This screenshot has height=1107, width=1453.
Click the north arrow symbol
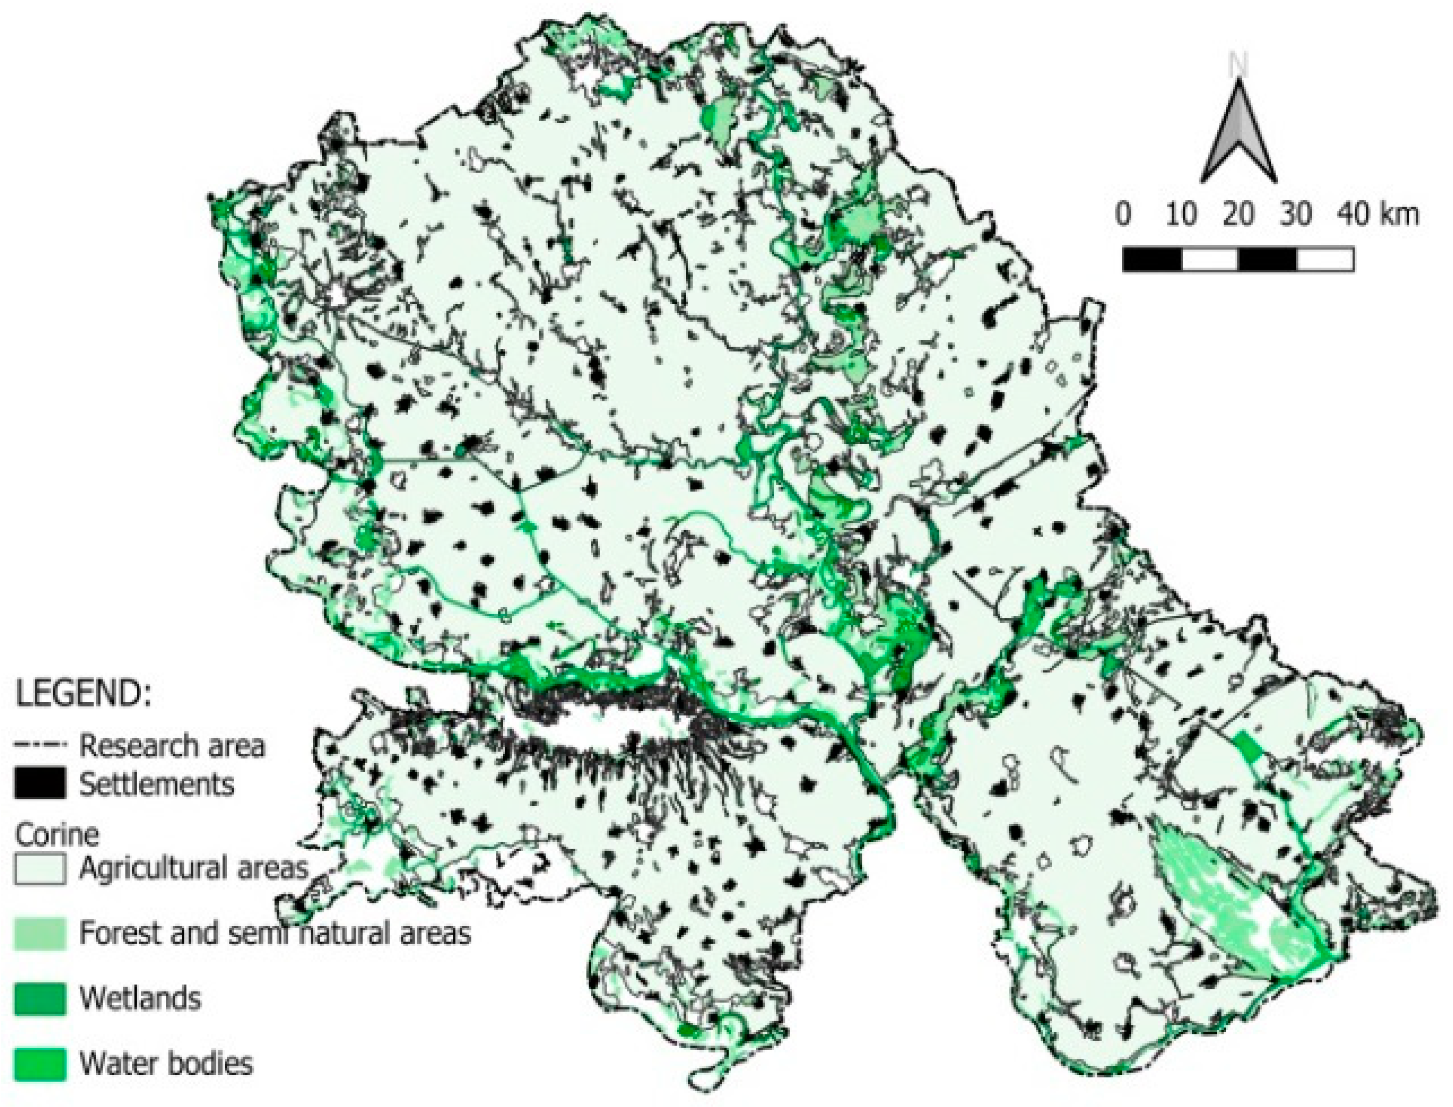1239,135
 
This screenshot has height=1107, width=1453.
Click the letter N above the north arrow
1239,66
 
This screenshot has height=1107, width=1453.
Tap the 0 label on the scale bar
1124,215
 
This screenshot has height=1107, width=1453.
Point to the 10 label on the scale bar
1181,215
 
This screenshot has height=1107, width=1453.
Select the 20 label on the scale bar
1238,215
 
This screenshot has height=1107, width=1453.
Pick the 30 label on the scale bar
1295,215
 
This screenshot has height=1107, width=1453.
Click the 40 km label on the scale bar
1377,215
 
